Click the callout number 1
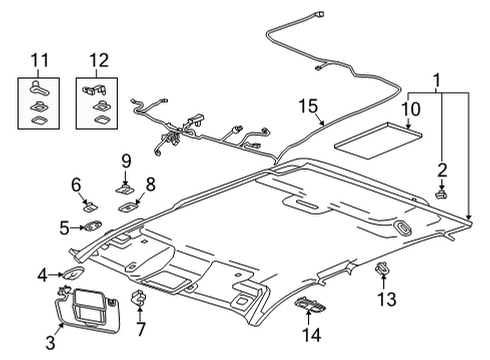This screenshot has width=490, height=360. tap(435, 80)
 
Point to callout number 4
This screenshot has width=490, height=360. tap(42, 274)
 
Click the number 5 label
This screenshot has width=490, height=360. tap(62, 227)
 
